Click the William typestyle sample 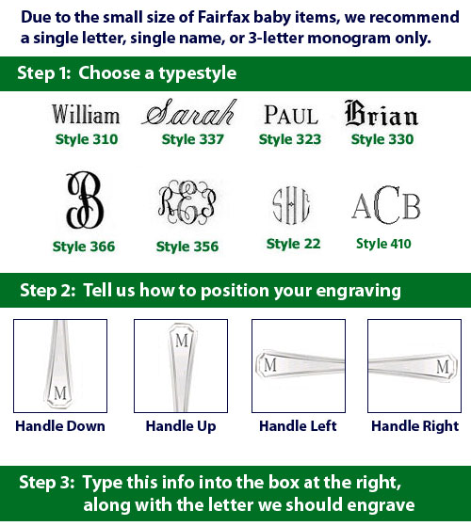pyautogui.click(x=86, y=114)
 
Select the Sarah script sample pyautogui.click(x=188, y=113)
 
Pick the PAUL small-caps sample pyautogui.click(x=291, y=115)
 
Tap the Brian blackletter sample pyautogui.click(x=382, y=113)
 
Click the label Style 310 pyautogui.click(x=87, y=139)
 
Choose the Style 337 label pyautogui.click(x=193, y=139)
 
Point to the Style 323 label pyautogui.click(x=290, y=139)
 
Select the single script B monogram pyautogui.click(x=85, y=200)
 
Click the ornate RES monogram pyautogui.click(x=187, y=202)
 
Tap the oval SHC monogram pyautogui.click(x=291, y=205)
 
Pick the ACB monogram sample pyautogui.click(x=386, y=205)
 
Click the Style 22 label pyautogui.click(x=293, y=244)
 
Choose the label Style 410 pyautogui.click(x=383, y=244)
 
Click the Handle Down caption pyautogui.click(x=60, y=426)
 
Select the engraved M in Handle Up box pyautogui.click(x=182, y=342)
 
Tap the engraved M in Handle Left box pyautogui.click(x=270, y=365)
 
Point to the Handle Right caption pyautogui.click(x=414, y=426)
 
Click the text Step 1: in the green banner pyautogui.click(x=44, y=73)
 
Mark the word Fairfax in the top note pyautogui.click(x=224, y=17)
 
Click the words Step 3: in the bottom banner pyautogui.click(x=47, y=483)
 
